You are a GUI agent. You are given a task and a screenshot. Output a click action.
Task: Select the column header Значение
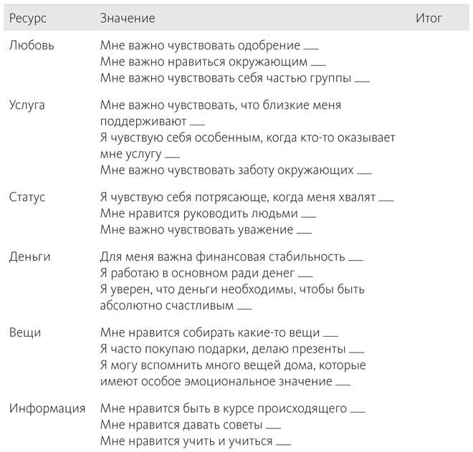(128, 18)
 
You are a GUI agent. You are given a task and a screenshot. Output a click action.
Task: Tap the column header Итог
(429, 18)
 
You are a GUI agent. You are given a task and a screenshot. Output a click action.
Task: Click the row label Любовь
(31, 45)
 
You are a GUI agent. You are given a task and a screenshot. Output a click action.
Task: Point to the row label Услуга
(27, 105)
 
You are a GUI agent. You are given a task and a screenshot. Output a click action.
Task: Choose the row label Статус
(27, 197)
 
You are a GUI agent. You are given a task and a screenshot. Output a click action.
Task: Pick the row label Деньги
(29, 256)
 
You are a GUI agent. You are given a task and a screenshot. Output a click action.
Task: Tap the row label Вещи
(24, 332)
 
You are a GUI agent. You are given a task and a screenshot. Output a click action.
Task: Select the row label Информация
(47, 408)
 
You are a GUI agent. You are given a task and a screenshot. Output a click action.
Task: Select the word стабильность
(306, 256)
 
